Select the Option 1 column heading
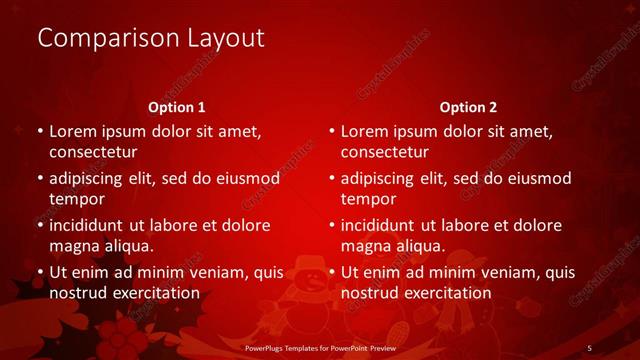177,107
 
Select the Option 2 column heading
468,107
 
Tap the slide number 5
589,347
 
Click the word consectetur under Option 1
93,153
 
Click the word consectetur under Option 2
385,153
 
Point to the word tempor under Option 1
75,199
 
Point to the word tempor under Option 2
367,199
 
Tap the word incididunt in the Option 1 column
92,225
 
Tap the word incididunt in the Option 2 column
384,225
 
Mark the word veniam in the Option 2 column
508,272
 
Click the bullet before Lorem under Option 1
40,131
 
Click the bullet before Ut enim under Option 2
332,272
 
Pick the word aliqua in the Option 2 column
420,246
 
